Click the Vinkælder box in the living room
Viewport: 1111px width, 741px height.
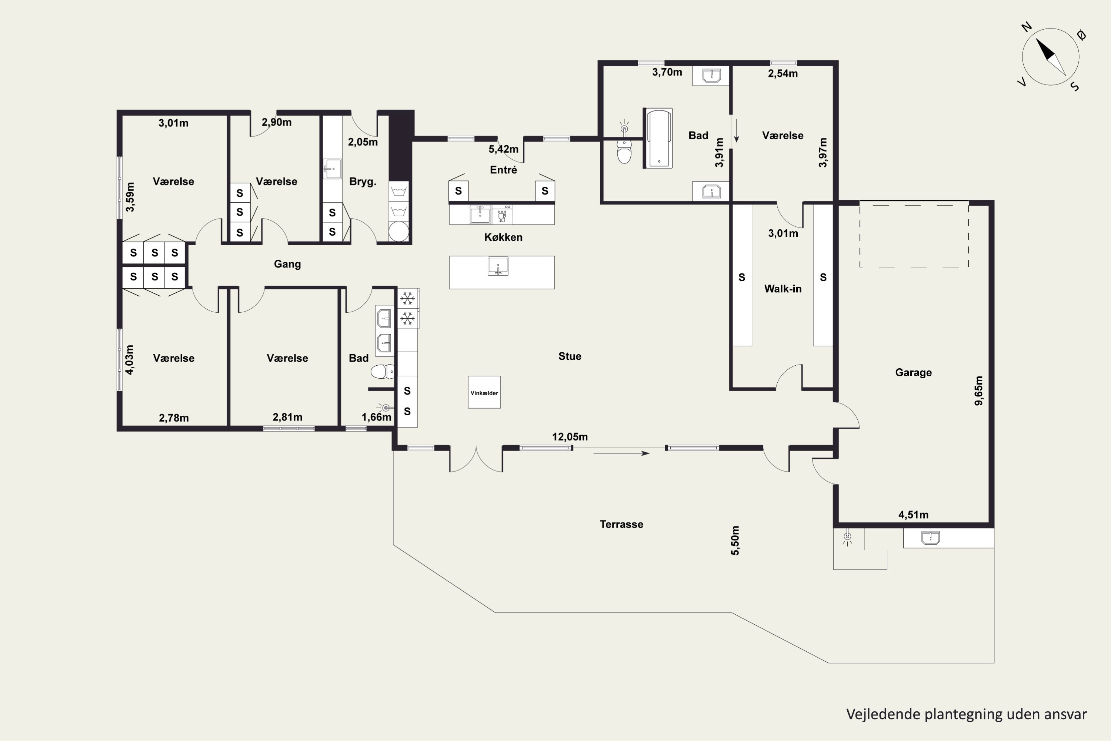(484, 392)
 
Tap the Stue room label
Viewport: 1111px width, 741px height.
(570, 356)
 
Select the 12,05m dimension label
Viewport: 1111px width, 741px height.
(570, 437)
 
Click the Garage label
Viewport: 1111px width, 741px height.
(913, 372)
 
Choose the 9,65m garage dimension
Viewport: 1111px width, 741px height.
(979, 391)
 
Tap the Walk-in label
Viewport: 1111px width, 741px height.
(783, 289)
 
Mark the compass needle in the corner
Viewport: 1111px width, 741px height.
(1051, 57)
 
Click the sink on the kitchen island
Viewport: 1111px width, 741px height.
(498, 266)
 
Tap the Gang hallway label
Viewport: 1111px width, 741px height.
(287, 264)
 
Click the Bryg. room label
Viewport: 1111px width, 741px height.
(362, 182)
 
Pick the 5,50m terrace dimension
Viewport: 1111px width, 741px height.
(735, 540)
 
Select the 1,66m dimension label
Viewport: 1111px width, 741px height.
(376, 417)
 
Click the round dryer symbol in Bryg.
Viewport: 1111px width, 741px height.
(399, 232)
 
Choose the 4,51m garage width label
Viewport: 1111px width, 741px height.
(913, 515)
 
